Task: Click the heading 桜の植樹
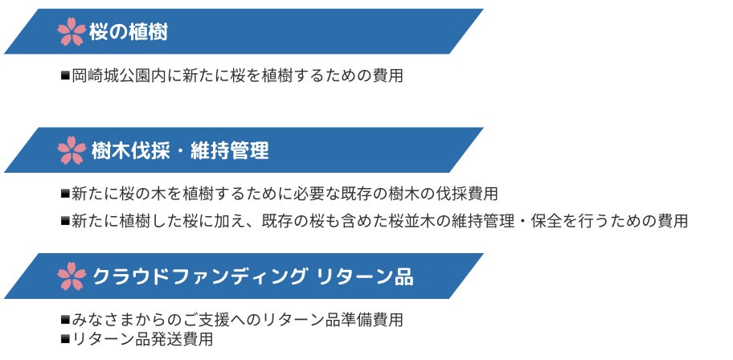tap(128, 32)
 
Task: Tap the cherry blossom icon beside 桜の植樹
tap(72, 31)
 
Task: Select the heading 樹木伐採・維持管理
tap(180, 150)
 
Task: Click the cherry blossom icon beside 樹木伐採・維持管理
tap(72, 150)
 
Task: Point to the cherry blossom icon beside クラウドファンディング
tap(72, 276)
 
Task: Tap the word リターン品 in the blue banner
tap(365, 276)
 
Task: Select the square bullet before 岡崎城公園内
tap(65, 75)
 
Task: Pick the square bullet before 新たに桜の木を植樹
tap(65, 193)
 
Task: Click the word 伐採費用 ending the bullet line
tap(468, 194)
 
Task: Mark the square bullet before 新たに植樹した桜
tap(65, 221)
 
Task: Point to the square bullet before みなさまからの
tap(65, 320)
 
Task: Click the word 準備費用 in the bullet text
tap(373, 320)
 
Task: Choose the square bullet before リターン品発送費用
tap(65, 338)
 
